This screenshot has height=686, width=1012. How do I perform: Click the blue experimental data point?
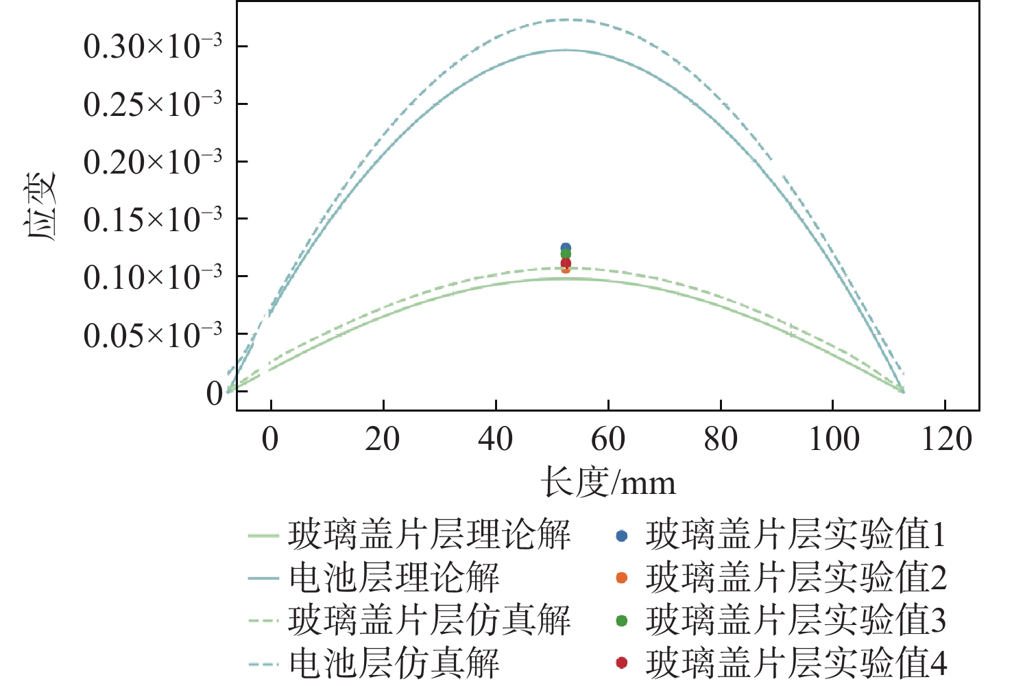(x=566, y=248)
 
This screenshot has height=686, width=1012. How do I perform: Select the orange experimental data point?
(x=566, y=268)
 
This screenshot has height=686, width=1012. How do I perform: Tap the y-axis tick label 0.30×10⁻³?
(x=152, y=47)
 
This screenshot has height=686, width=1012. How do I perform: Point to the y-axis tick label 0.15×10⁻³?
(x=152, y=220)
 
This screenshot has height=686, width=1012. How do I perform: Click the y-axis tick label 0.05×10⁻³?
(x=152, y=335)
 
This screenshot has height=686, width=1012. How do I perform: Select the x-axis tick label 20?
(x=383, y=439)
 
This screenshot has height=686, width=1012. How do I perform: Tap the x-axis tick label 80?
(x=721, y=439)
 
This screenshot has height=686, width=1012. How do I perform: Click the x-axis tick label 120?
(x=946, y=439)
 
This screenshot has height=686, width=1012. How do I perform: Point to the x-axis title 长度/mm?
(x=608, y=482)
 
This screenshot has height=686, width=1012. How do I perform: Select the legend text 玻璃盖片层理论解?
(x=429, y=535)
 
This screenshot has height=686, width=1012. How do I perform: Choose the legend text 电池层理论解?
(x=394, y=578)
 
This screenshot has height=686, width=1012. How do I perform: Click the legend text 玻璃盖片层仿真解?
(x=429, y=620)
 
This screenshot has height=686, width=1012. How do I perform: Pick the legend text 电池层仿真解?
(x=394, y=663)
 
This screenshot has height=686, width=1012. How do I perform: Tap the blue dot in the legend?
(x=622, y=536)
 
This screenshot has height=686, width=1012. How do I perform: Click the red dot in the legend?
(x=622, y=663)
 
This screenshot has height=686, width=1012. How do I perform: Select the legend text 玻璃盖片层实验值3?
(x=795, y=620)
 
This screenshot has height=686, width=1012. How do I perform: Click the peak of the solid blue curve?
(x=566, y=49)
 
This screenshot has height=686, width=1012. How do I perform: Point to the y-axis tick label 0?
(x=215, y=393)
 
